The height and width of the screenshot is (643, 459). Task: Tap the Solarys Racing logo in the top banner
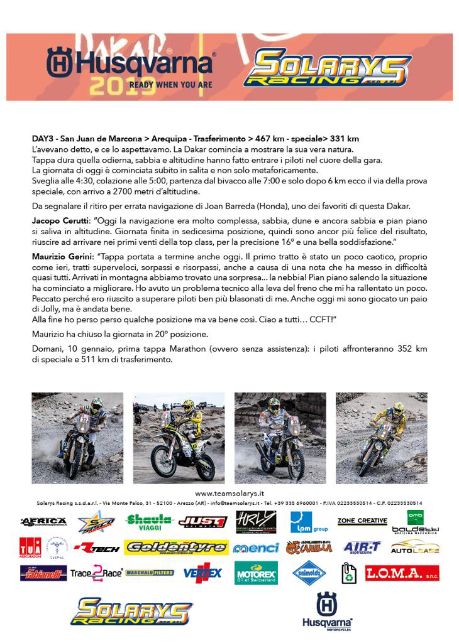(327, 69)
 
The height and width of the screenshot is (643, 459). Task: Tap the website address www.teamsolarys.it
(229, 494)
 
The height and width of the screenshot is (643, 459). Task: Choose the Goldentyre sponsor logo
(176, 548)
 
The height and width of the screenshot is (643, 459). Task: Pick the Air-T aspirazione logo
(362, 548)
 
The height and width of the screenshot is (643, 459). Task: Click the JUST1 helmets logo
(202, 521)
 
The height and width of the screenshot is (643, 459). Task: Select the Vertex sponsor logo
(202, 573)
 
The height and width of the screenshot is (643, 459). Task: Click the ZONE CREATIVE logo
(362, 521)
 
